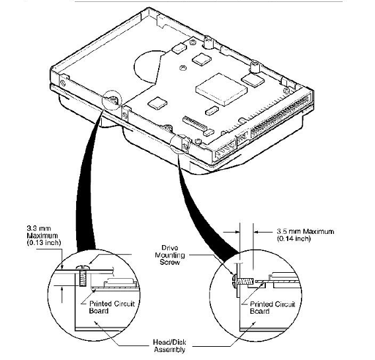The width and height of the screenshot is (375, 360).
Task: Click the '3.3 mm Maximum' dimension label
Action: (42, 232)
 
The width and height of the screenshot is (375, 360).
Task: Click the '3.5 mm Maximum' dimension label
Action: (306, 231)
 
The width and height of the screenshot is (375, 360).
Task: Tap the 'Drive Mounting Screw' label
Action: (170, 255)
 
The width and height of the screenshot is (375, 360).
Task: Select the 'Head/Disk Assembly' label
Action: (169, 345)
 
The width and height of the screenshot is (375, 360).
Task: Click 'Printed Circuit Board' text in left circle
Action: (112, 307)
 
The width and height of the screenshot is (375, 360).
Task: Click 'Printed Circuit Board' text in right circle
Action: (272, 308)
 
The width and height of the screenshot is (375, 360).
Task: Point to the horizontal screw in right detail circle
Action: (241, 281)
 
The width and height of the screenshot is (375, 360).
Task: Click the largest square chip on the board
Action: (221, 89)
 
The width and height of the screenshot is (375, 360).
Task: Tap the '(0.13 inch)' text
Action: (44, 242)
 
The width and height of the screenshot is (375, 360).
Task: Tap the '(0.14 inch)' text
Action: (294, 238)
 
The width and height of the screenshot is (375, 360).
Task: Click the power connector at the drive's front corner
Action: (226, 150)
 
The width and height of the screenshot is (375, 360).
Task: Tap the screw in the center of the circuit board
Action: (183, 68)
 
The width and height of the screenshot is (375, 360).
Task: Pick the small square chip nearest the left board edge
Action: (157, 103)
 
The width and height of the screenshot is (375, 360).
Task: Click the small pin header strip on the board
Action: (194, 123)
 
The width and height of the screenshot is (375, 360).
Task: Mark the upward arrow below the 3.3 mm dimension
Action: (62, 295)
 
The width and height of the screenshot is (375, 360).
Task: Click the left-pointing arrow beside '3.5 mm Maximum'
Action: (263, 231)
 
